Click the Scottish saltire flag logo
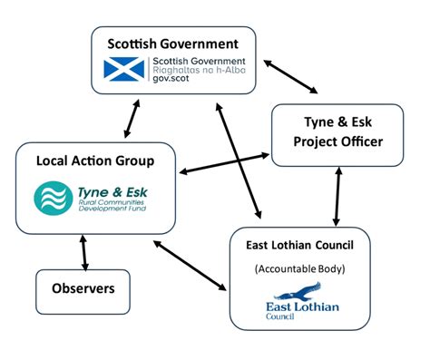(122, 68)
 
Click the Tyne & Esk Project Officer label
(337, 132)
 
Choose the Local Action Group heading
(82, 161)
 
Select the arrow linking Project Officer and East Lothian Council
(337, 197)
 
